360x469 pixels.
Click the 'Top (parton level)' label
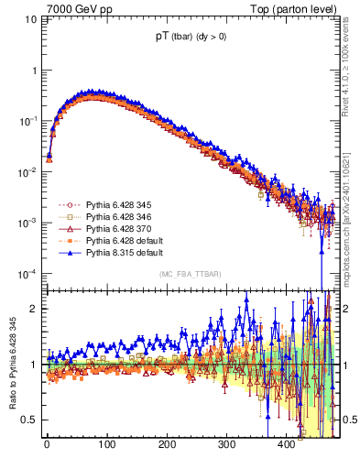coord(292,10)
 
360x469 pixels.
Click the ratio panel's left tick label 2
coord(34,309)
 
